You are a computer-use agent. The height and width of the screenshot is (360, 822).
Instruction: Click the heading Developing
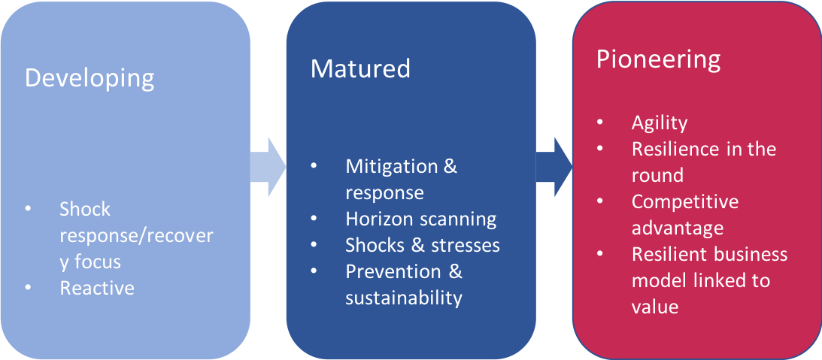89,79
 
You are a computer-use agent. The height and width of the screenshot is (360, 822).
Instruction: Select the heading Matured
360,69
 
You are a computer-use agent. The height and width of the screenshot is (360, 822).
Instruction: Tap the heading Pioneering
658,60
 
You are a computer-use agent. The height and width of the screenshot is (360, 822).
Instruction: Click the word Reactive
97,288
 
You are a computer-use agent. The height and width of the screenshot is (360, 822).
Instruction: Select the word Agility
660,123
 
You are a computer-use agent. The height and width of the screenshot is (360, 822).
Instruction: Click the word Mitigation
390,166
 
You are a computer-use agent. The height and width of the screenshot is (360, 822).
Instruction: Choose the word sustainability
403,298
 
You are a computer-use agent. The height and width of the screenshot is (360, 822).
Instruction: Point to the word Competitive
684,201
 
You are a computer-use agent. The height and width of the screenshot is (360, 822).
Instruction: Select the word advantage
677,228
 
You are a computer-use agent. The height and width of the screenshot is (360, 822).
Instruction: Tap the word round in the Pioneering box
657,175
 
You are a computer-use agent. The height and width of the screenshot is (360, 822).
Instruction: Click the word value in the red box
654,307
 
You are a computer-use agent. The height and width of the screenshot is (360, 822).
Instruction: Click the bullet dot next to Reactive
28,289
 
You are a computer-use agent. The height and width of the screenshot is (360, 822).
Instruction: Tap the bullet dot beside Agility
599,123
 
